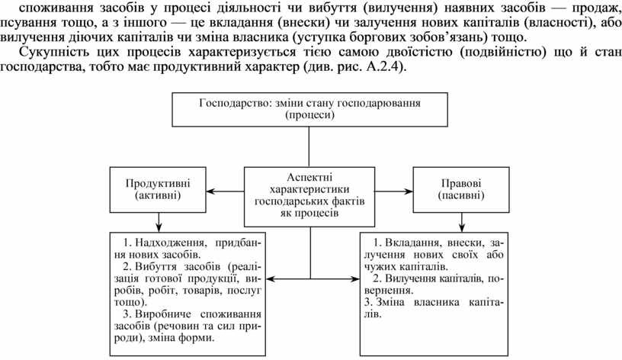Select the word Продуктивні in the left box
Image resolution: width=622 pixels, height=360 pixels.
click(x=158, y=183)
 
